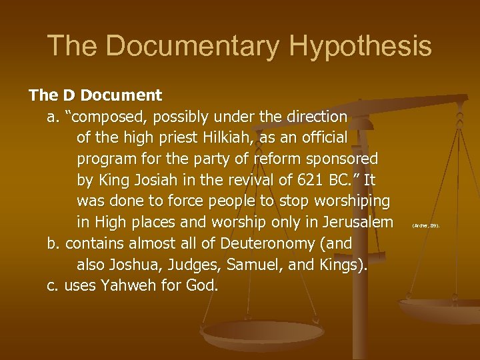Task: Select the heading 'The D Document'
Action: pyautogui.click(x=95, y=95)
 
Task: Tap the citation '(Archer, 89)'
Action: pyautogui.click(x=426, y=226)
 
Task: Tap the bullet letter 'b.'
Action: pyautogui.click(x=54, y=243)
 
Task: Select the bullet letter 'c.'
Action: pyautogui.click(x=53, y=285)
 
